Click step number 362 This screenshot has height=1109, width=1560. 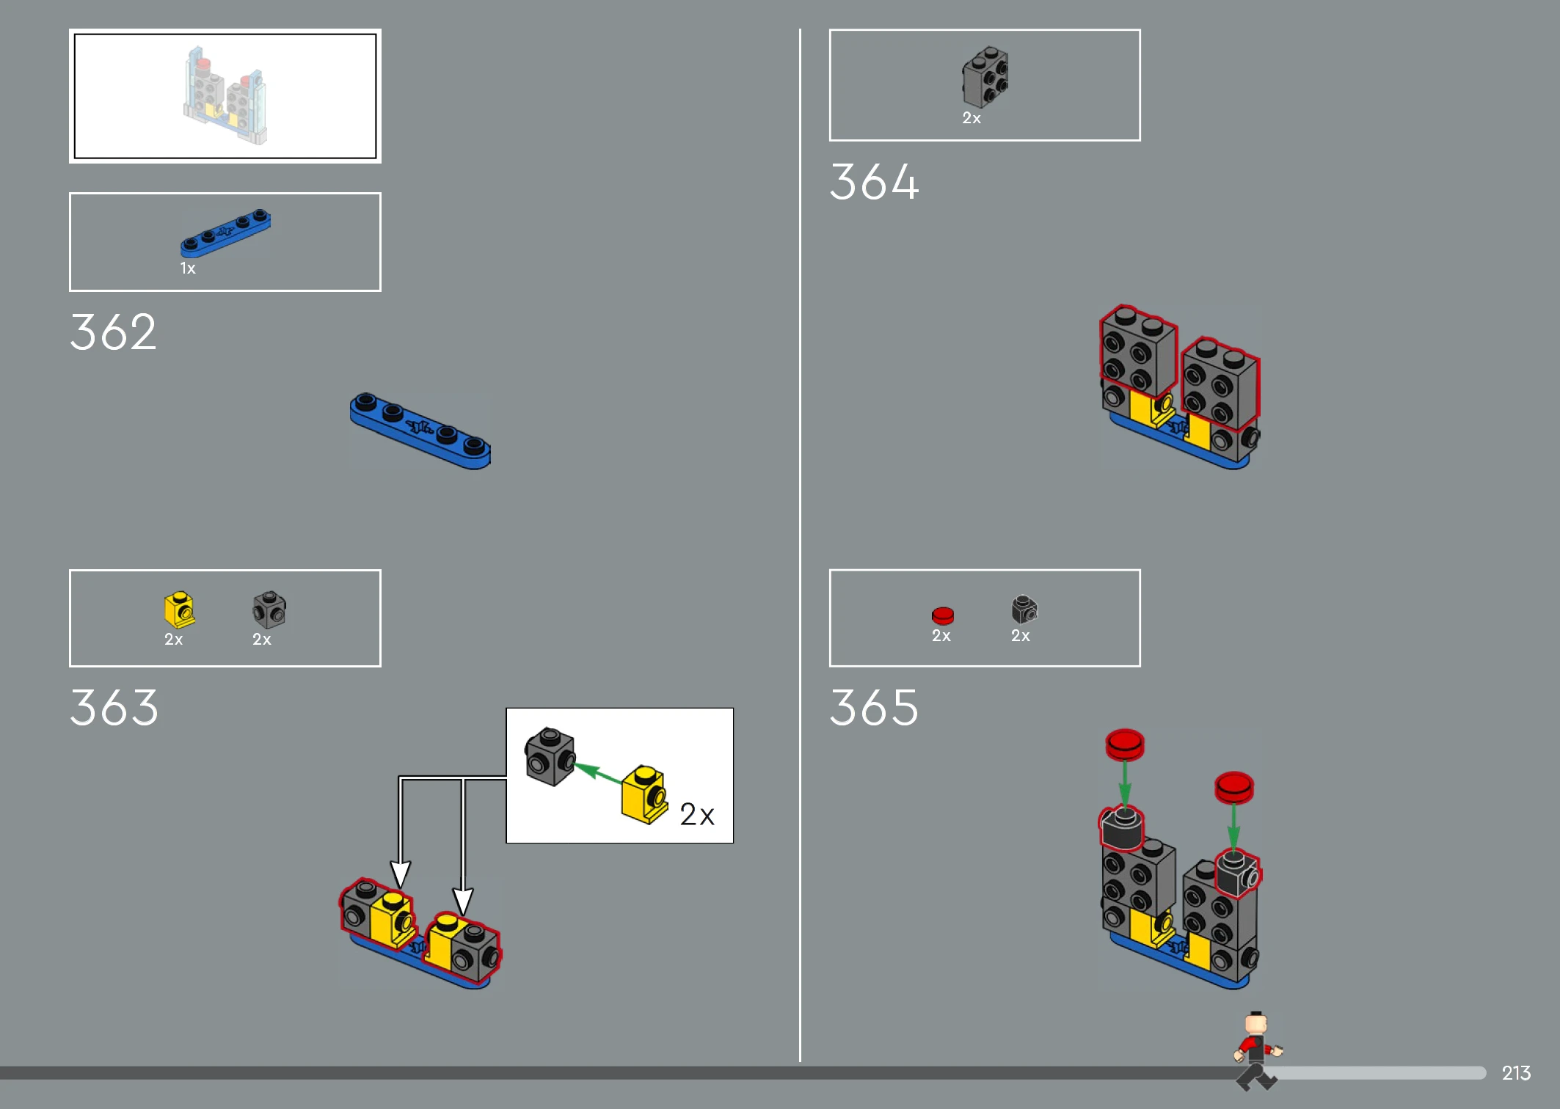113,332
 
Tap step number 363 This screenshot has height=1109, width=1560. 114,708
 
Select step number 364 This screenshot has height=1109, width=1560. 874,182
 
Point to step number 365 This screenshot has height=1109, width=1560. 874,708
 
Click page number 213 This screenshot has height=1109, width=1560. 1516,1073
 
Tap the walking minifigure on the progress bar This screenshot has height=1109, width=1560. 1257,1051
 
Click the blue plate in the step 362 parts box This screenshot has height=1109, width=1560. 225,233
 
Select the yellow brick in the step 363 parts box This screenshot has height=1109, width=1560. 179,610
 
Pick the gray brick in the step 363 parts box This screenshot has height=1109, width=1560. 269,610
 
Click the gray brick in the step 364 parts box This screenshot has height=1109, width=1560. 985,77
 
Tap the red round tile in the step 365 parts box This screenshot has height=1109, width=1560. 943,615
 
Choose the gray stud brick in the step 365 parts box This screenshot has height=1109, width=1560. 1024,610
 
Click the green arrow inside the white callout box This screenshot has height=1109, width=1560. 597,774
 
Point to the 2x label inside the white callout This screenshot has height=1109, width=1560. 697,815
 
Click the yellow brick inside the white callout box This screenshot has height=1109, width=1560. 644,795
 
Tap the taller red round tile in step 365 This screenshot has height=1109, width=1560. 1125,744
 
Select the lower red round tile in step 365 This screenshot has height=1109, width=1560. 1234,787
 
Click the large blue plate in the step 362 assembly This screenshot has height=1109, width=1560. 420,431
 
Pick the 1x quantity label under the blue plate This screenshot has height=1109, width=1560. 188,268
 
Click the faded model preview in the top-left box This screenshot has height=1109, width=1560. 225,95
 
